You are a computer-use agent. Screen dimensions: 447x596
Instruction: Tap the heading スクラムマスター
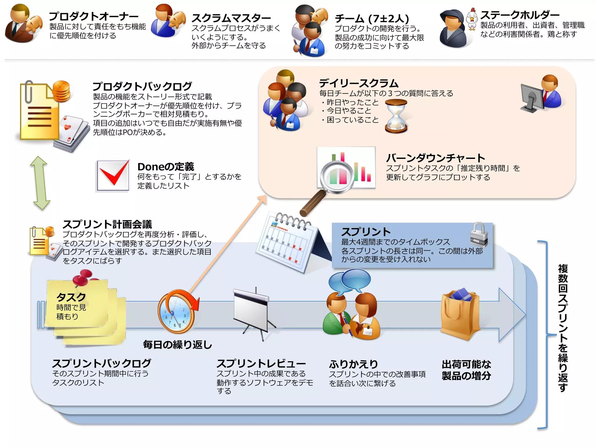[x=231, y=18]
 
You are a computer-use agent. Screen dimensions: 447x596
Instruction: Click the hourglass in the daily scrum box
[x=396, y=116]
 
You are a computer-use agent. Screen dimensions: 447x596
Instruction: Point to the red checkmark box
[x=113, y=175]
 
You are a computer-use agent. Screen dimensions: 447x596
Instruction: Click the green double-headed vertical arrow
[x=40, y=183]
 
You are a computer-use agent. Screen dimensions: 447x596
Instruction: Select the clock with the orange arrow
[x=176, y=311]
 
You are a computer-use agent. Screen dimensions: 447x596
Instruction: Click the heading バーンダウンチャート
[x=435, y=158]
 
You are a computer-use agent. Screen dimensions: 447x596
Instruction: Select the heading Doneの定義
[x=166, y=167]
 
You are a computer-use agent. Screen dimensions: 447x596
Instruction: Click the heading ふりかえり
[x=353, y=364]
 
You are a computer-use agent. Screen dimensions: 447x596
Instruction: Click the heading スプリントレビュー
[x=261, y=363]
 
